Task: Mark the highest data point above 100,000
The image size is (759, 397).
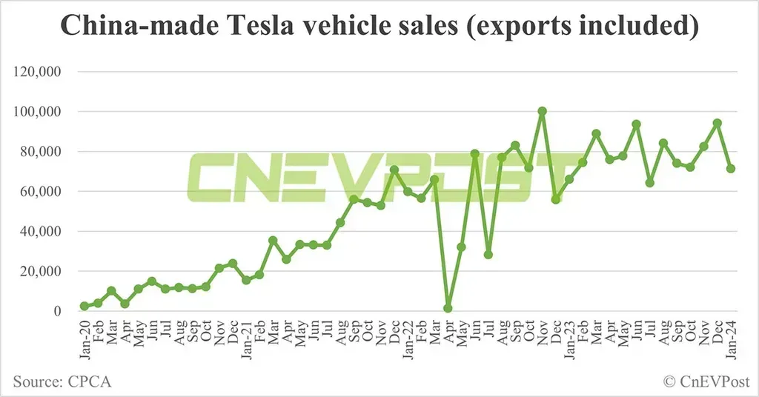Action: pyautogui.click(x=542, y=111)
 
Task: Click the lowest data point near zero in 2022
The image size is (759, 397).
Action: pyautogui.click(x=448, y=308)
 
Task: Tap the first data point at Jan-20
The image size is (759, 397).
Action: pyautogui.click(x=84, y=306)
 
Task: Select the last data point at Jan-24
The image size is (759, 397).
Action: pyautogui.click(x=731, y=169)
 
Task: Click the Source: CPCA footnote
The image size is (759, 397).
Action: pyautogui.click(x=62, y=381)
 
